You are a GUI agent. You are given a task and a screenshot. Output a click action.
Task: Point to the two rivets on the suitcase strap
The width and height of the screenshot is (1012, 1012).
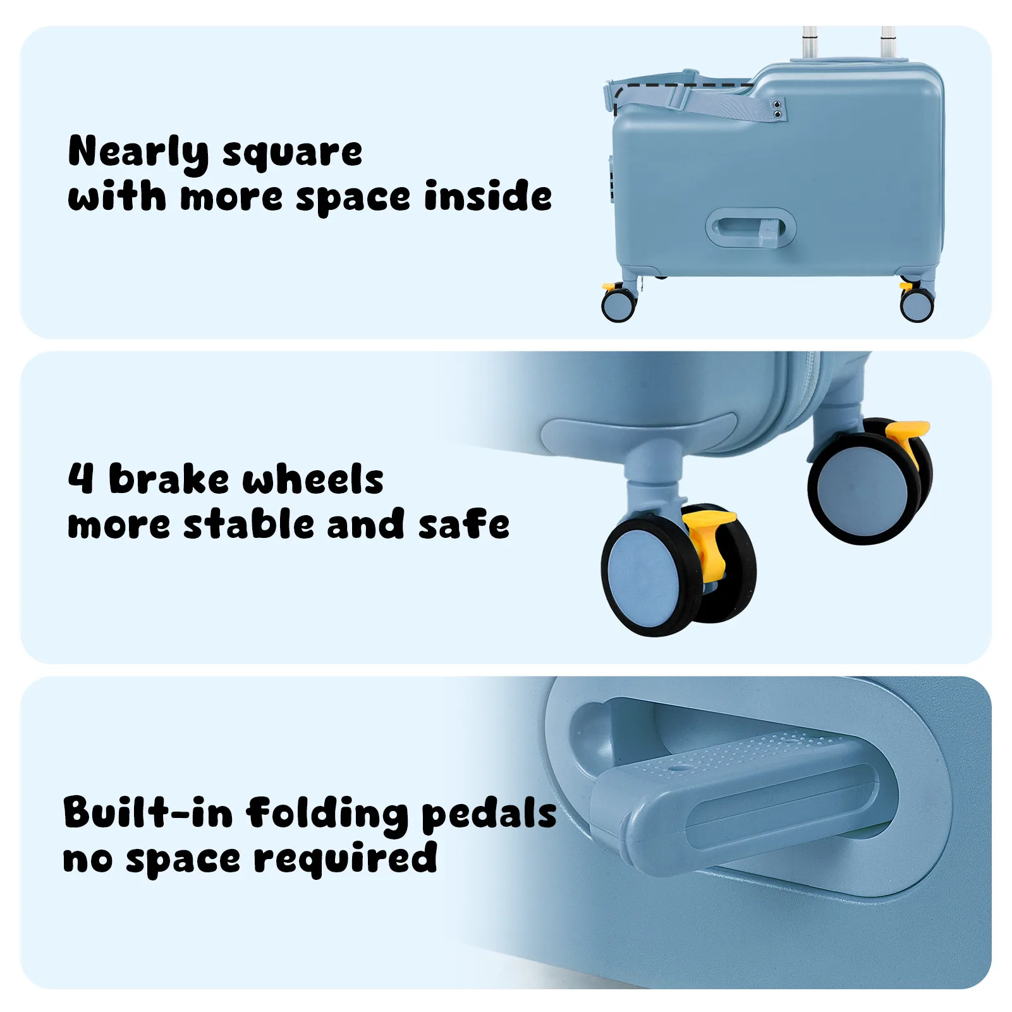pos(777,109)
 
